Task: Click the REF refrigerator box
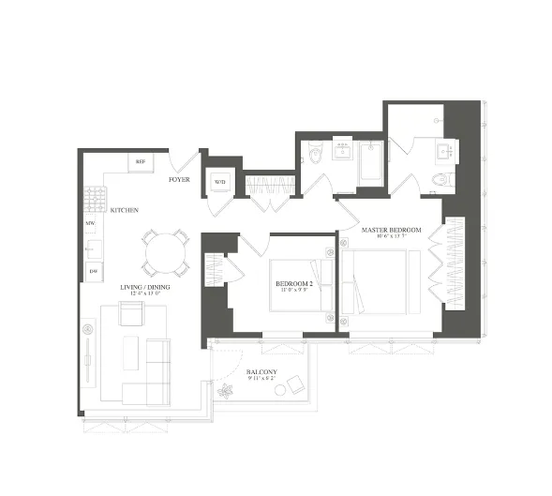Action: [142, 162]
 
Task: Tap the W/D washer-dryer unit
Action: [218, 182]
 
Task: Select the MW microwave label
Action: [91, 225]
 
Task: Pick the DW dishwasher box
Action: [93, 271]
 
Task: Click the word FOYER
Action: [180, 178]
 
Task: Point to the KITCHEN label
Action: [125, 210]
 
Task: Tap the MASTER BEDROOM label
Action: [391, 230]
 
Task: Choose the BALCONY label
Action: [261, 372]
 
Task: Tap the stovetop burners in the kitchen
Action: [93, 199]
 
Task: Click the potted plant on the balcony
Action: [224, 387]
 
